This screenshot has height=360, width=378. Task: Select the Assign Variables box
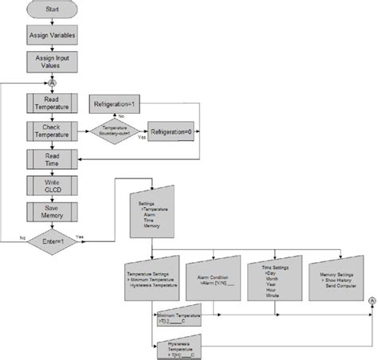tap(53, 36)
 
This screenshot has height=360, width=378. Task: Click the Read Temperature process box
tap(53, 103)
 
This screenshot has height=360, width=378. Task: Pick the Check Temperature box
tap(53, 131)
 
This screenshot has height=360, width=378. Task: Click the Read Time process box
tap(53, 159)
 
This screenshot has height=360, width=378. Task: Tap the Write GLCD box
tap(53, 186)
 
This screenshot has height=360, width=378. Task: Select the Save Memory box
tap(53, 211)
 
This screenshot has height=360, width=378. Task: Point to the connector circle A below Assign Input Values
tap(53, 82)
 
